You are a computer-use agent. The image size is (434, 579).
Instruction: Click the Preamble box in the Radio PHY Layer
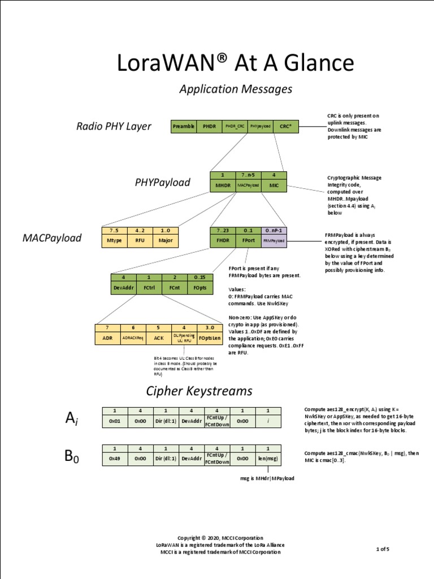pos(184,127)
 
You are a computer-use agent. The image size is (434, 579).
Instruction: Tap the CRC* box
pos(285,127)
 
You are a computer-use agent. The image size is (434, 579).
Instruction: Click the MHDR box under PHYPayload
pos(222,185)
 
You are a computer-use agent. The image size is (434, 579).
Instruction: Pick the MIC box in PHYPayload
pos(274,185)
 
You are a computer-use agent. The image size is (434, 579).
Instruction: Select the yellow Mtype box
pos(115,240)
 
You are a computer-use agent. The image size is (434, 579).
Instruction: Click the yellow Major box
pos(165,240)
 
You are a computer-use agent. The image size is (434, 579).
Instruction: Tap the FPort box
pos(248,240)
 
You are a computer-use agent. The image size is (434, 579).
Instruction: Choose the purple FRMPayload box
pos(274,240)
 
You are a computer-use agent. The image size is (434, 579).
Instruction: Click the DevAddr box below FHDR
pos(123,287)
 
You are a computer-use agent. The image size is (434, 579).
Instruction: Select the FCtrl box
pos(149,287)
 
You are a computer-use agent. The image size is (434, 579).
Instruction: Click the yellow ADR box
pos(107,337)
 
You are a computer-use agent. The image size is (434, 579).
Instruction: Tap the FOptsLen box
pos(210,337)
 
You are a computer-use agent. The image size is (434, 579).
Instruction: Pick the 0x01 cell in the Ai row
pos(115,421)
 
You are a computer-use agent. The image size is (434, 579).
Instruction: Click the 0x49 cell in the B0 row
pos(115,459)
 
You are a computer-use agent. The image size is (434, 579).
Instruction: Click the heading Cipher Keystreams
pos(199,391)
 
